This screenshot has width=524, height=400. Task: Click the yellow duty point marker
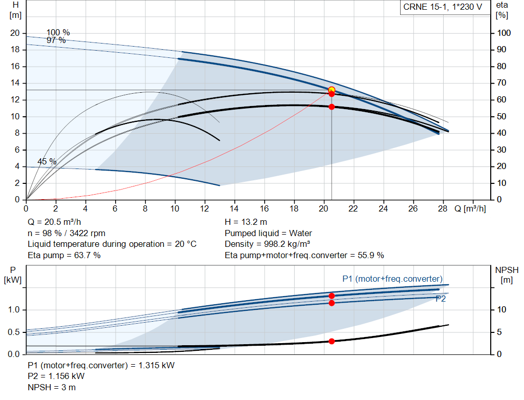(x=332, y=90)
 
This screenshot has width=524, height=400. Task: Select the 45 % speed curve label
(x=47, y=162)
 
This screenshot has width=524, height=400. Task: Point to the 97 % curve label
(x=56, y=40)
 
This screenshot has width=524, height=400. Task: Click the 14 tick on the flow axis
(x=234, y=209)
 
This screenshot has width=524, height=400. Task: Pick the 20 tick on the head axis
(x=15, y=33)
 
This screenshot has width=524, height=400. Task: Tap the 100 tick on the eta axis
(x=505, y=33)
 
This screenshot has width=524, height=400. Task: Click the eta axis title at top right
(x=501, y=10)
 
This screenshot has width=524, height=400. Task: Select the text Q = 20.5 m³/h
(x=55, y=222)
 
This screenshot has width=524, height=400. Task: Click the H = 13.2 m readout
(x=246, y=222)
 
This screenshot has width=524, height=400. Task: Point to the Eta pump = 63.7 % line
(x=64, y=255)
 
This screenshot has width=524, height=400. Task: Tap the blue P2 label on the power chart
(x=441, y=299)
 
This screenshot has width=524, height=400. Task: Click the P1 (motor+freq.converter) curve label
(x=392, y=279)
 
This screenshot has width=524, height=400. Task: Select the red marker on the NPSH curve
(x=332, y=341)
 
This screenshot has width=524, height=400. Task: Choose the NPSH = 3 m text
(x=52, y=387)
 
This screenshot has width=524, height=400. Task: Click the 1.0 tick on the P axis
(x=14, y=310)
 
